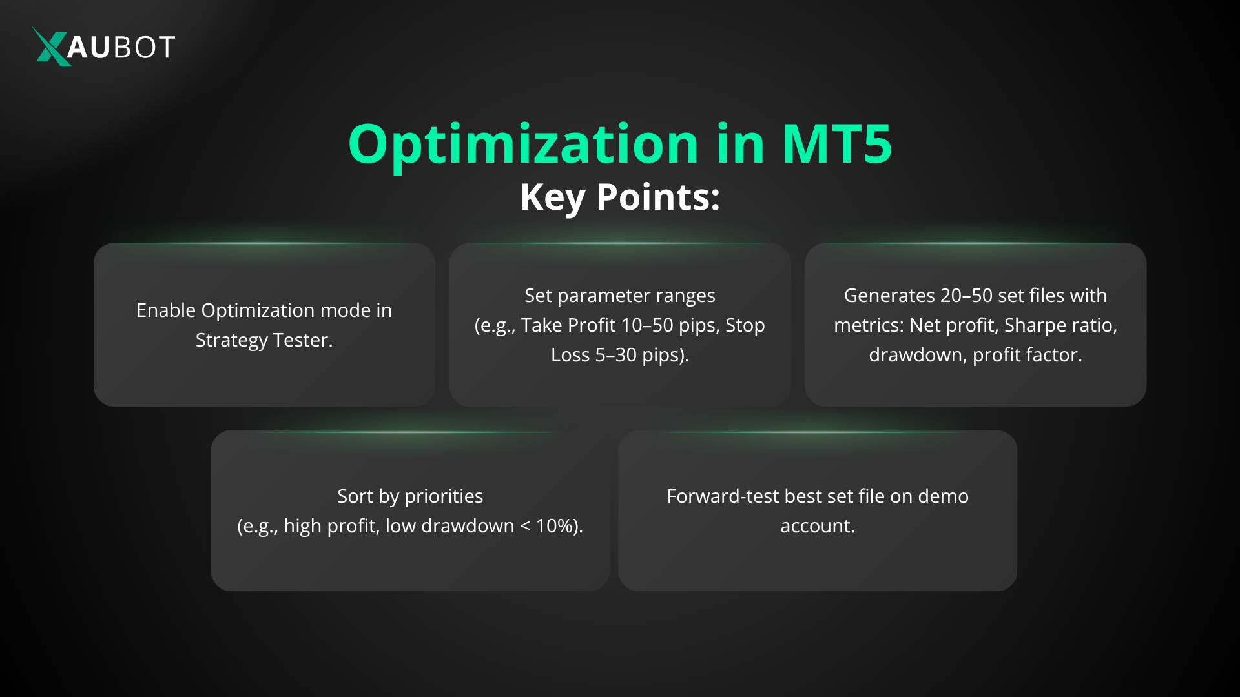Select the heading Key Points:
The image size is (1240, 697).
click(620, 197)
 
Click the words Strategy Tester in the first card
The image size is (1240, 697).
click(263, 340)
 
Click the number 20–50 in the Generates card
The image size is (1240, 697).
click(966, 296)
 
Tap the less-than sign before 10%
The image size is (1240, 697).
click(525, 526)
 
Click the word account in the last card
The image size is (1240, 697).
click(816, 526)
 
